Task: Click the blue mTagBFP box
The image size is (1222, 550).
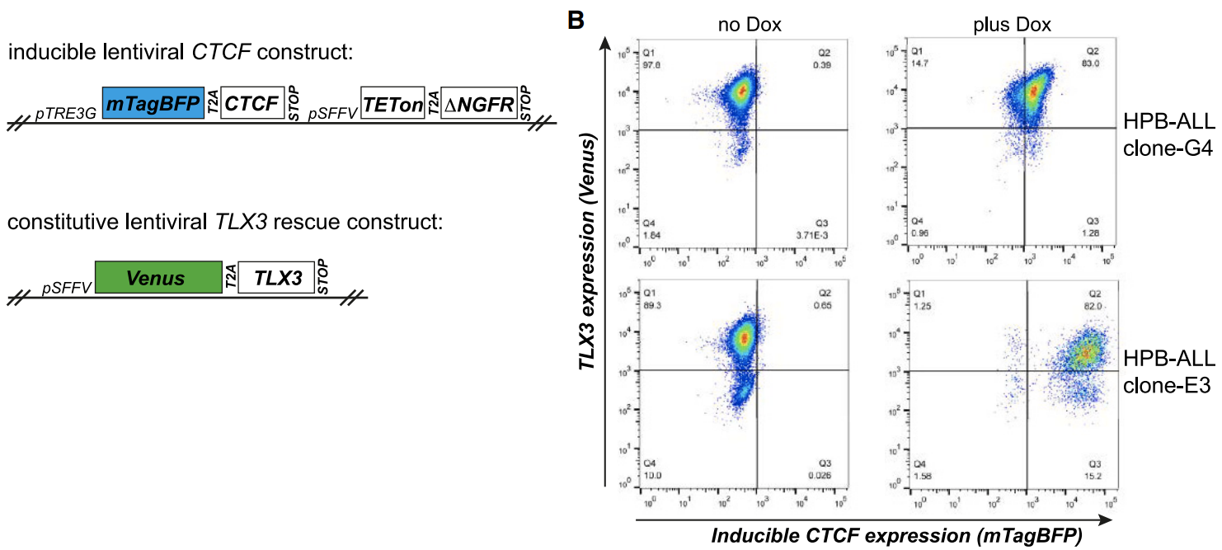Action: coord(153,103)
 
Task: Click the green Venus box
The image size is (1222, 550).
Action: coord(157,278)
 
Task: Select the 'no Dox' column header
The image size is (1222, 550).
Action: coord(750,26)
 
